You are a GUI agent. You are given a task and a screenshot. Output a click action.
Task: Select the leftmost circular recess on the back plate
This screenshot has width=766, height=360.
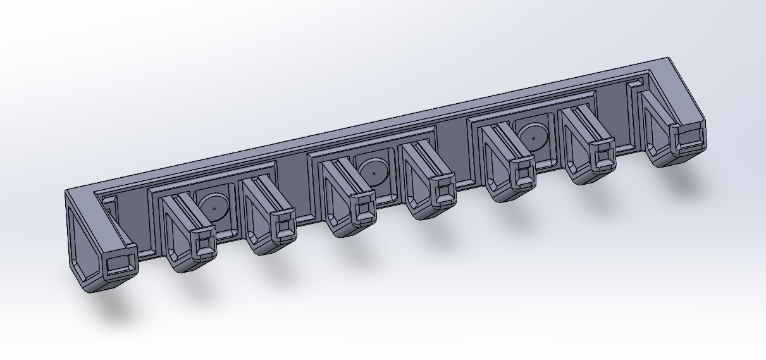point(214,206)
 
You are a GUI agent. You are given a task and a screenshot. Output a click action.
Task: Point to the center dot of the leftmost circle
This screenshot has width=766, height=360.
point(214,207)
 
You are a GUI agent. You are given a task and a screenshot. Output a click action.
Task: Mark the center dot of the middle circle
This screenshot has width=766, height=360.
point(374,171)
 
